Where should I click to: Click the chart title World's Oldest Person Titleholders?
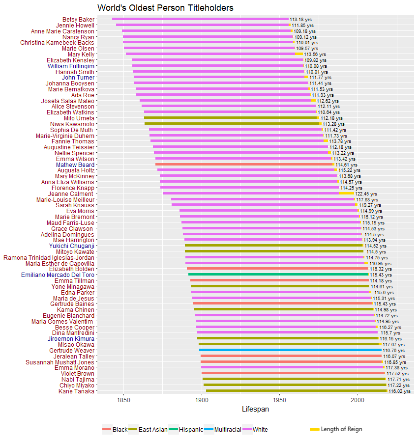tap(165, 8)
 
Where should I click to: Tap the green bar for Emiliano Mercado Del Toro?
tap(278, 275)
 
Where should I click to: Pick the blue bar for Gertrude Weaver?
tap(290, 350)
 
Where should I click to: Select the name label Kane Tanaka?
tap(76, 391)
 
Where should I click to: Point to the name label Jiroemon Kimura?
tap(71, 339)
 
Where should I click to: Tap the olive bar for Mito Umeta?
tap(231, 118)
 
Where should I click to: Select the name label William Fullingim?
tap(71, 66)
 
